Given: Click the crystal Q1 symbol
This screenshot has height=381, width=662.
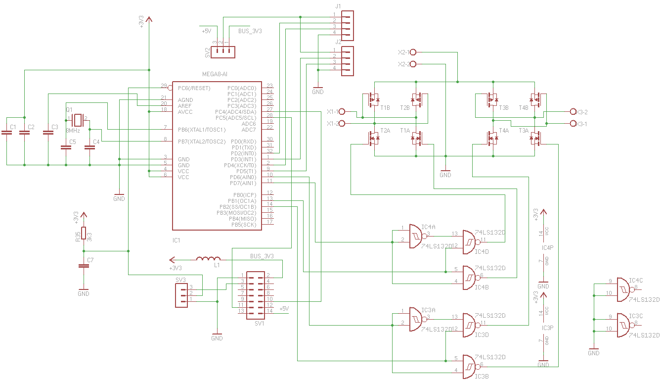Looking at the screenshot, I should pos(77,119).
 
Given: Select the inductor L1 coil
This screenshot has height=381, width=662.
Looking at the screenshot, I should pos(208,259).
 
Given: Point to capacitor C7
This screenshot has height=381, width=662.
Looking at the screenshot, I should pos(84,266).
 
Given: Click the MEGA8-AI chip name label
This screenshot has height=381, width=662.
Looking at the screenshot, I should pos(215,74).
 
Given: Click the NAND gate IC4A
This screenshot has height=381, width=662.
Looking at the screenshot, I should pos(416,237).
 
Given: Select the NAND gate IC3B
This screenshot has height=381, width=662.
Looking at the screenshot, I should pos(469,367).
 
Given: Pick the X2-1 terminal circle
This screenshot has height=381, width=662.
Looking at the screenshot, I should pos(413,52).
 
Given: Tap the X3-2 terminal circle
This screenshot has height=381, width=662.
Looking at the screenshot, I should pos(573,112).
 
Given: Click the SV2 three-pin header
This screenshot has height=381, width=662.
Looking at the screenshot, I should pos(224,52).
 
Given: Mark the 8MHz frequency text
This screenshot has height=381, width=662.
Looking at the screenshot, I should pos(73,131).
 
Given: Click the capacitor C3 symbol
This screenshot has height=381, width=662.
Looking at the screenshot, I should pos(48,133).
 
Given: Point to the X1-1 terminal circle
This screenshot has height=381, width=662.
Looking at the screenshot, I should pos(341,111).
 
